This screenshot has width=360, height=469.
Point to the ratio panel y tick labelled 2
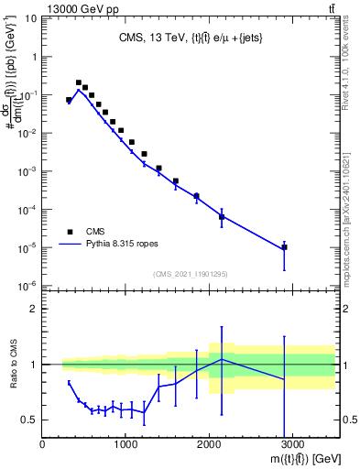(34, 309)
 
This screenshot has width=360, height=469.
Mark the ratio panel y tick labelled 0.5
(29, 420)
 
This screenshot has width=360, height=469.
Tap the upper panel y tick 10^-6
(27, 286)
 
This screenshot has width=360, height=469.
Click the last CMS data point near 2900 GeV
(284, 247)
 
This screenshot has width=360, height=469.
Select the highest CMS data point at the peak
(79, 82)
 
